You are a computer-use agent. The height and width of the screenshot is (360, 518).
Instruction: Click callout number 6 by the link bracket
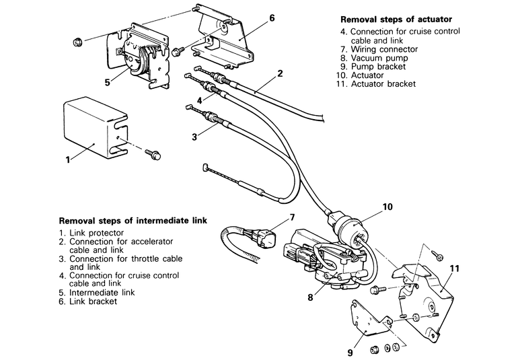tap(272, 18)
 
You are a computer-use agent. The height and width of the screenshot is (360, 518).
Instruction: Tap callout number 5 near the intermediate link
tap(108, 82)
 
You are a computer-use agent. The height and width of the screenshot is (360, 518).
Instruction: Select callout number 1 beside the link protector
tap(68, 160)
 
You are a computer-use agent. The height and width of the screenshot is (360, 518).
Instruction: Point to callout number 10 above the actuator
tap(387, 207)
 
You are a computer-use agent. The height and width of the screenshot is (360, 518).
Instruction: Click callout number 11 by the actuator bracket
tap(455, 268)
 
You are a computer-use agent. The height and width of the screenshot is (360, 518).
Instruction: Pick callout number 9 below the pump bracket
tap(350, 353)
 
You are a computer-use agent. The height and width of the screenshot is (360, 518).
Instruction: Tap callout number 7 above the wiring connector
tap(292, 217)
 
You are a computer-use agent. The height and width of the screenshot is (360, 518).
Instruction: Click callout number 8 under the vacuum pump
tap(310, 297)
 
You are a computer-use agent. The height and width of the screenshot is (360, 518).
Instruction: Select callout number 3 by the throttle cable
tap(194, 137)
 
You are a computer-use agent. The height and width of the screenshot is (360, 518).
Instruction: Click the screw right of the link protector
tap(153, 154)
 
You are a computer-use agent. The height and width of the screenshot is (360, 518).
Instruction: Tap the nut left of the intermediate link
tap(77, 42)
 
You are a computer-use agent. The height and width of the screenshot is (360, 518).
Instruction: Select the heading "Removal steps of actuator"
tap(396, 20)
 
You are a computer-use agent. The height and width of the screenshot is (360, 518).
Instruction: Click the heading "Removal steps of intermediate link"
tap(133, 221)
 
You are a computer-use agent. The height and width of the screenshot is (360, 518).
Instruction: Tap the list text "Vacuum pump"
tap(379, 58)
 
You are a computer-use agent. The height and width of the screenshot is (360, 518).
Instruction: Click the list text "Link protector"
tap(96, 233)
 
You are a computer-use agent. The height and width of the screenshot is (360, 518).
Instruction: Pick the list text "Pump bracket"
tap(378, 67)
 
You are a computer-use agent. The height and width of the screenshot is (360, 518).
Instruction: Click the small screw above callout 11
tap(437, 255)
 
